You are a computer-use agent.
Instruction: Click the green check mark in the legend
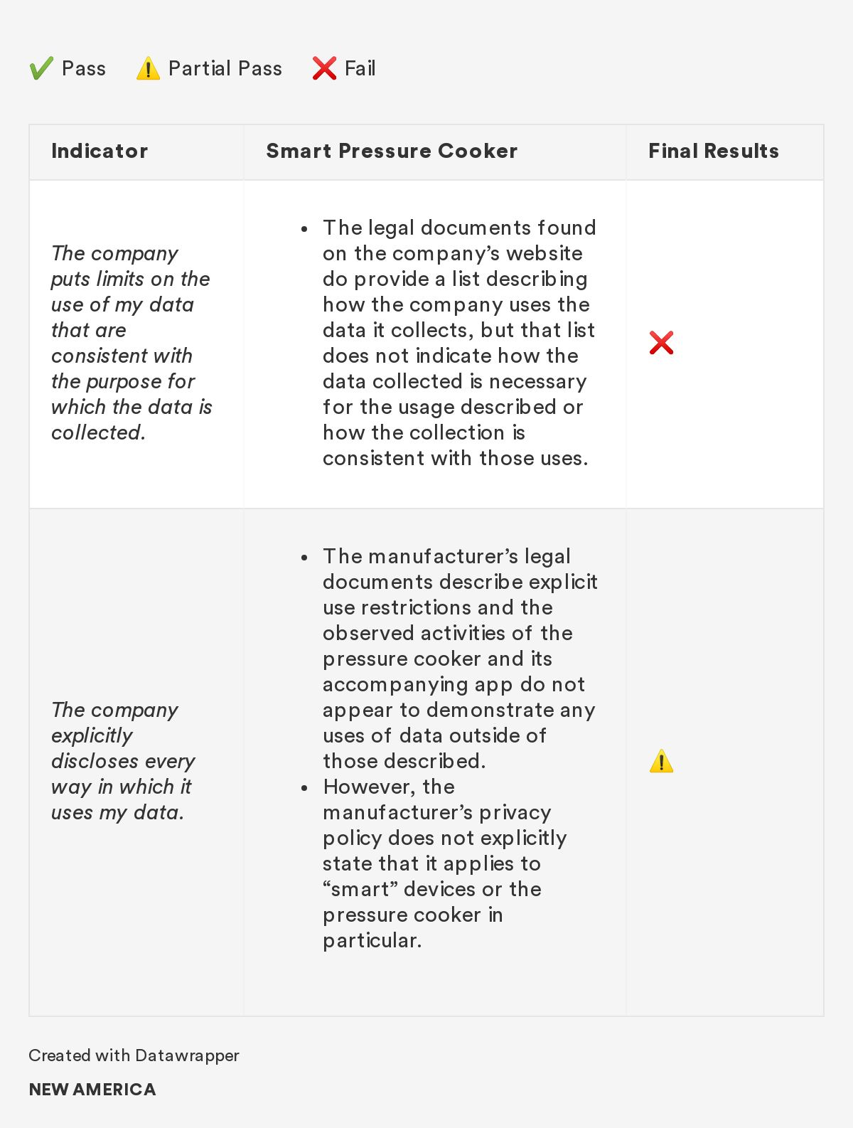point(41,68)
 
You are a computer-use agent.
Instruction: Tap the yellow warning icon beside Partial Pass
point(148,69)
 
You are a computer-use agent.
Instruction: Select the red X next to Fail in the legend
point(324,68)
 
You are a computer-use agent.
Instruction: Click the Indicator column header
point(100,151)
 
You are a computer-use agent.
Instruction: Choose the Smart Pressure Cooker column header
point(392,151)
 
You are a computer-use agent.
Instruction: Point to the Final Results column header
point(713,151)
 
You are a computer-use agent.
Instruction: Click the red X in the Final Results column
point(661,343)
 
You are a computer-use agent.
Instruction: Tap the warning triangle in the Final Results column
point(661,761)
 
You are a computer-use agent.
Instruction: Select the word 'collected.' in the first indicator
point(98,432)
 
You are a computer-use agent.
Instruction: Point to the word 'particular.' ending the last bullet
point(372,940)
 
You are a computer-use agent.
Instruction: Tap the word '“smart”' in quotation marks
point(360,889)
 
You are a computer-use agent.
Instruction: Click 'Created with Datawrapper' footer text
point(134,1055)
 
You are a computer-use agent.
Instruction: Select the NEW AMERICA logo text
point(92,1090)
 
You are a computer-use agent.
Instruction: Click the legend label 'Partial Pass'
point(225,68)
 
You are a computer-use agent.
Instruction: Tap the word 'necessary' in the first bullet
point(537,381)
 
